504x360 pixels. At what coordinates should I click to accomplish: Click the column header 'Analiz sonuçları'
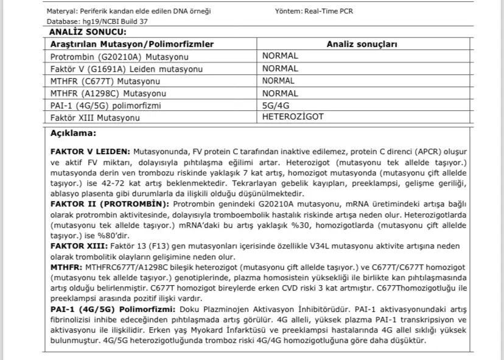(362, 44)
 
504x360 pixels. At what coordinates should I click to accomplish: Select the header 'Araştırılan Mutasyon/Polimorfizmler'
(132, 44)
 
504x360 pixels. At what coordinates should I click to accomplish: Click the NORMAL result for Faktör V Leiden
(279, 68)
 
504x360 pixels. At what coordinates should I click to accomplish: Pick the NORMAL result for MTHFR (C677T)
(278, 80)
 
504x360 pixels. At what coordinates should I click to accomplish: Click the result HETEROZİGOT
(293, 116)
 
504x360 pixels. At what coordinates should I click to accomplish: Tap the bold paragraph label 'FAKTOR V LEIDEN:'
(89, 150)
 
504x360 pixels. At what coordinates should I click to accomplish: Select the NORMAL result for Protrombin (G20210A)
(279, 56)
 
